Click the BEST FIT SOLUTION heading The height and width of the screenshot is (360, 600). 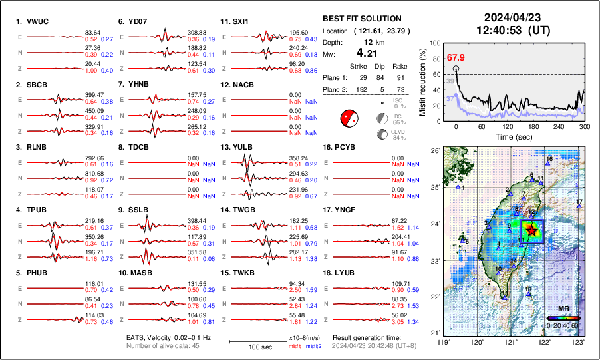click(x=361, y=19)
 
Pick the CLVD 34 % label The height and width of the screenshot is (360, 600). click(x=399, y=135)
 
